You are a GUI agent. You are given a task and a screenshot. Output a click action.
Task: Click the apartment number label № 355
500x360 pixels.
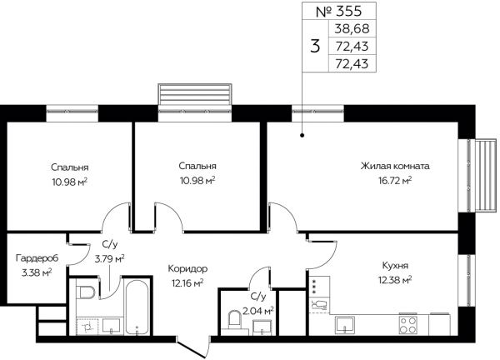(338, 12)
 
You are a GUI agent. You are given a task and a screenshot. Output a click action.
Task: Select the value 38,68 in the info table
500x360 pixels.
(352, 28)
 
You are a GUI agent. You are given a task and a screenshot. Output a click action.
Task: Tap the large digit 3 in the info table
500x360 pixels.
(315, 46)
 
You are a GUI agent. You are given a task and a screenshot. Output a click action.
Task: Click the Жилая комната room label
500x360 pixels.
(395, 166)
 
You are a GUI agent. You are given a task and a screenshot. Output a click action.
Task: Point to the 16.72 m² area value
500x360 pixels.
(395, 181)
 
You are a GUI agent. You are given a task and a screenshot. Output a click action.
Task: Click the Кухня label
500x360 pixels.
(395, 266)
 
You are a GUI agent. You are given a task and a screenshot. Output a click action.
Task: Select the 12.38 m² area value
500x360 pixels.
(395, 280)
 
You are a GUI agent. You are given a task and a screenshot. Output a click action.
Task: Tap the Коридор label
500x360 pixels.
(187, 269)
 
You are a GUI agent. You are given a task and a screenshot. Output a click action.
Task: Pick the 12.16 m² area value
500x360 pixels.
(187, 283)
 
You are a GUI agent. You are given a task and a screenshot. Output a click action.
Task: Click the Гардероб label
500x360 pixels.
(37, 258)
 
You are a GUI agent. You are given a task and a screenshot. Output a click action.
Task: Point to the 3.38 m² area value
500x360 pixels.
(37, 273)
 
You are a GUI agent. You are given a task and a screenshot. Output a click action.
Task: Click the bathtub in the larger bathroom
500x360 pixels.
(137, 307)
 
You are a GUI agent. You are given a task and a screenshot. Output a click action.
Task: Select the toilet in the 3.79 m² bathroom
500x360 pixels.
(86, 292)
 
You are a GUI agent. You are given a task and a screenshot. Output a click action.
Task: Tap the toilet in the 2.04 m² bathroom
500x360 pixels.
(234, 320)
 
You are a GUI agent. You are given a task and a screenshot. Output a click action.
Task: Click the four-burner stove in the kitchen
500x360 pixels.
(407, 324)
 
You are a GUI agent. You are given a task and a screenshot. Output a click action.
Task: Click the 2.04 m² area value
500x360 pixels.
(258, 310)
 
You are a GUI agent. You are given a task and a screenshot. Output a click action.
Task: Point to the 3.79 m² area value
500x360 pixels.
(109, 258)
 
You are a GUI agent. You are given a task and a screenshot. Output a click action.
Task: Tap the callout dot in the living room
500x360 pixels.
(302, 135)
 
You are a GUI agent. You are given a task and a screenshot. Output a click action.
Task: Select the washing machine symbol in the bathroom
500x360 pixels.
(87, 326)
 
